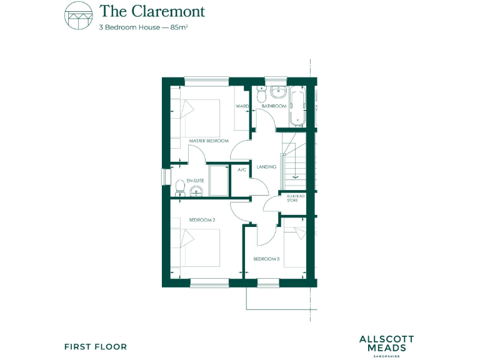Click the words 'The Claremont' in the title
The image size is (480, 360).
pos(152,11)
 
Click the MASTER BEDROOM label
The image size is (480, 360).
pos(209,141)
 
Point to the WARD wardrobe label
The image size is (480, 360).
pos(242,107)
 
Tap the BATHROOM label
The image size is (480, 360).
pos(274,107)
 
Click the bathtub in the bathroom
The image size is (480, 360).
pos(297,104)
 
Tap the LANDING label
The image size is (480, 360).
pos(266,167)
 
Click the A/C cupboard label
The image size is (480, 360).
pos(242,169)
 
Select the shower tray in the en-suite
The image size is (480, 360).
pos(219,181)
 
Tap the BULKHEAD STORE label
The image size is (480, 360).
pos(292,198)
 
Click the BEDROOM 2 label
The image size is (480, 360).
pos(202,220)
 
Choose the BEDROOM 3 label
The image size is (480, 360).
pos(266,259)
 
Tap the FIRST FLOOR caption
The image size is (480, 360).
pos(96,346)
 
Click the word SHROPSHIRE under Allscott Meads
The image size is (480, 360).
pos(386,356)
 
